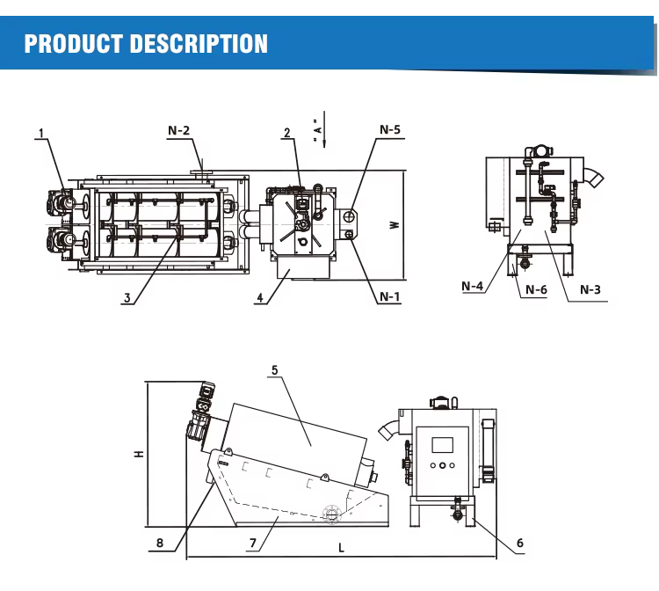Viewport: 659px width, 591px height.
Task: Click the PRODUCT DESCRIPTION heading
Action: pos(146,43)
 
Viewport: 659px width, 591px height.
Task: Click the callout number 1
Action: pos(40,135)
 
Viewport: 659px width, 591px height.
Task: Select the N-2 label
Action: pos(178,130)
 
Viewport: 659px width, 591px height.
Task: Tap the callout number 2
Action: pos(286,134)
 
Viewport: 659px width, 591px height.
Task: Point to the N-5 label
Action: pos(390,130)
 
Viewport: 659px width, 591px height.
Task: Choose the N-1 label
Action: pos(389,296)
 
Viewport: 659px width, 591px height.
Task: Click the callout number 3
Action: pos(128,298)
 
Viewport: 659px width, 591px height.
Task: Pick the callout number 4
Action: pos(260,298)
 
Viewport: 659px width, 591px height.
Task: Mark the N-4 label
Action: pos(474,285)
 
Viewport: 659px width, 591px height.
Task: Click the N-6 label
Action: pos(535,289)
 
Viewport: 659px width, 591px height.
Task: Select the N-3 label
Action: pos(590,289)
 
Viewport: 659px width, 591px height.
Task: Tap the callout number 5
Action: pos(274,370)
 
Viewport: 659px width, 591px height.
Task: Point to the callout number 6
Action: pos(519,544)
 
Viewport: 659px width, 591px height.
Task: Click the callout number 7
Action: pos(252,544)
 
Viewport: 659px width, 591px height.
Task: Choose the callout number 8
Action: pos(159,543)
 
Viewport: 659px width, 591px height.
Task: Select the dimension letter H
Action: pos(138,455)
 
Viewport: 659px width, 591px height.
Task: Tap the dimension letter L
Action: pos(342,547)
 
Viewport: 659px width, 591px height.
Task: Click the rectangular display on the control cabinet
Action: pos(444,442)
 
